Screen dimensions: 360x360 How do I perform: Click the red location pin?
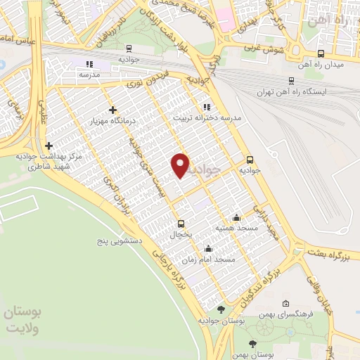[181, 165]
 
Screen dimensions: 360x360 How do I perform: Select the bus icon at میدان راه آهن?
[321, 53]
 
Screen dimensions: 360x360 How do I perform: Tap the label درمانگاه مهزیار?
[112, 122]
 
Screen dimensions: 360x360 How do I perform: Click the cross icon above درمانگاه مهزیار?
[112, 110]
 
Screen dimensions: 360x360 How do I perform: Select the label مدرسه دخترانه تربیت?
[207, 119]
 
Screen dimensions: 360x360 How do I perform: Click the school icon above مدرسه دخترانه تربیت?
[207, 107]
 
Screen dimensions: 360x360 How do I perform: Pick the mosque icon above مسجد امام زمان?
[208, 248]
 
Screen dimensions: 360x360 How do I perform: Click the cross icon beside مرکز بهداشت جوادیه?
[49, 146]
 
